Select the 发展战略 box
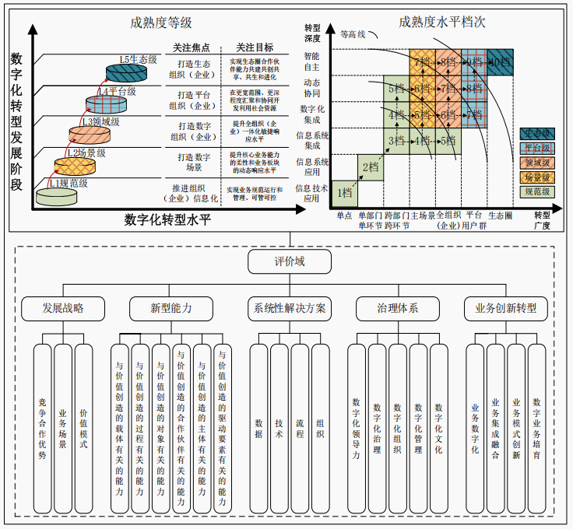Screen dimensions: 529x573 (x=62, y=308)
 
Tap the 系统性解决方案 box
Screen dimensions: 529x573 (x=289, y=308)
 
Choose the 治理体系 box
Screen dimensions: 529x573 (x=397, y=308)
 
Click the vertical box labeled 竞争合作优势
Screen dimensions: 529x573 (x=43, y=428)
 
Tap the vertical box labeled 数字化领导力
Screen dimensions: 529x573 (x=357, y=428)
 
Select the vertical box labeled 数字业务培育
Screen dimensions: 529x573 (x=536, y=428)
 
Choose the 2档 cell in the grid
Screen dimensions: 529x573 (x=369, y=166)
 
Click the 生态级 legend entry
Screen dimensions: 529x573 (x=536, y=133)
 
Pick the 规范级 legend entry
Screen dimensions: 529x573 (x=536, y=191)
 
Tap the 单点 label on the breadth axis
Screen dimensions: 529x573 (x=344, y=215)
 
